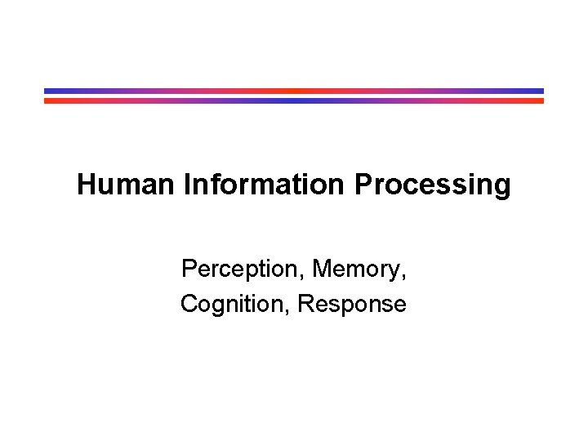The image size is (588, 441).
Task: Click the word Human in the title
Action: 126,185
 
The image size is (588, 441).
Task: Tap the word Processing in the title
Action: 433,185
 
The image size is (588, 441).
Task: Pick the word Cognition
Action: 234,305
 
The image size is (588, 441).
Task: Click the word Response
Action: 352,305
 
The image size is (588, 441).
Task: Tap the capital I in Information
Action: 188,185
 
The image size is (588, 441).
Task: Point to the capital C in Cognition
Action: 189,305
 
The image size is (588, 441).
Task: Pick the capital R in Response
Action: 306,305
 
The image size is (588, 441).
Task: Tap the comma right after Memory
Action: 404,276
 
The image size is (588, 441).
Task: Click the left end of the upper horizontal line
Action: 46,91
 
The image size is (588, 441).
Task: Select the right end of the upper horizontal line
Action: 542,91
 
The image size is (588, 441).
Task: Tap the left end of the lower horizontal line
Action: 46,101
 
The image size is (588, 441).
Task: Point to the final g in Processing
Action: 501,187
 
